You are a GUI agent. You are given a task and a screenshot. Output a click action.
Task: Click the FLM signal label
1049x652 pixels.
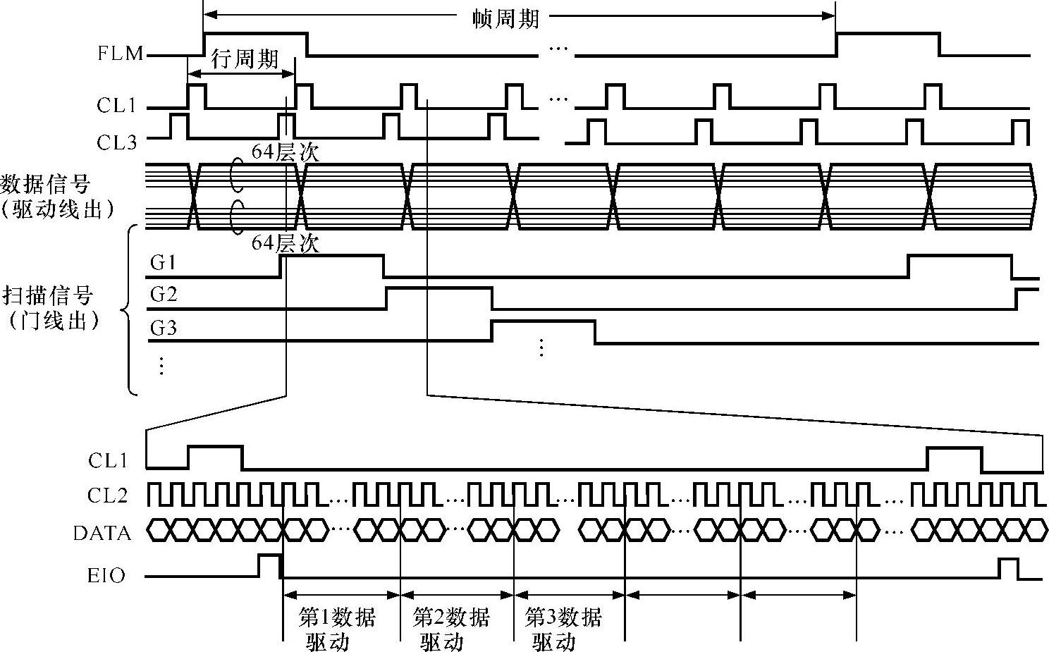120,54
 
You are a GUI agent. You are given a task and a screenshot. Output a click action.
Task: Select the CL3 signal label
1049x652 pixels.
116,142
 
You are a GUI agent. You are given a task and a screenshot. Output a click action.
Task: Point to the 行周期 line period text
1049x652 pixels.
245,59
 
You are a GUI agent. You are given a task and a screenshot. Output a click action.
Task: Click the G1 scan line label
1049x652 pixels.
163,263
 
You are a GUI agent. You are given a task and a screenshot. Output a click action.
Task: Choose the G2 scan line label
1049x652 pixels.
163,295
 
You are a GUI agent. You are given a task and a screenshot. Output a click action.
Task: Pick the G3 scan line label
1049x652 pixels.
163,328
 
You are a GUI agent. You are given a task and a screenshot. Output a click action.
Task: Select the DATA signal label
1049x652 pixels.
102,533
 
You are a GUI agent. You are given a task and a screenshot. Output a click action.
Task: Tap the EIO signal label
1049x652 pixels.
106,576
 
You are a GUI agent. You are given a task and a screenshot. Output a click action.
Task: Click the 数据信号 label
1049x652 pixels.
47,185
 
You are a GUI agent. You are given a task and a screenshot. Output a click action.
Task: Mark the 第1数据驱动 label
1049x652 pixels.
336,629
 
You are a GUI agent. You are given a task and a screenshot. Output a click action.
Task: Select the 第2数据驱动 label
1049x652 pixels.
450,629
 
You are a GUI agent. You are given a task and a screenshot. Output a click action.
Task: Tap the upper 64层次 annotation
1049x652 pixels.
285,152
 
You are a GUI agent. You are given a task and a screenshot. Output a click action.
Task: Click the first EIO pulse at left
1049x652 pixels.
269,564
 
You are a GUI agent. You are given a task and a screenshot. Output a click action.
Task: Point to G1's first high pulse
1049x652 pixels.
331,258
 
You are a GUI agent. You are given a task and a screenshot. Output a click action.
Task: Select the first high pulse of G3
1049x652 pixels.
543,323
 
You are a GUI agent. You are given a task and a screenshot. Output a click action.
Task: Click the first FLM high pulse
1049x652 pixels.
255,35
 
